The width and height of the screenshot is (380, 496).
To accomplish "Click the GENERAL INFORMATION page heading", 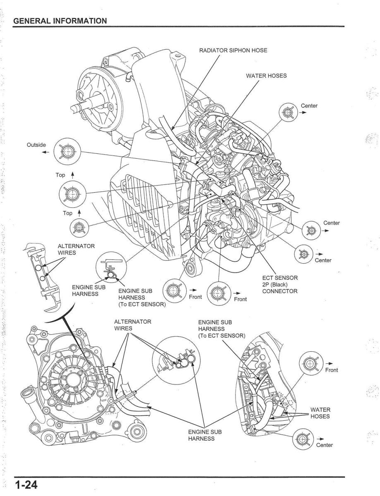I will [60, 21].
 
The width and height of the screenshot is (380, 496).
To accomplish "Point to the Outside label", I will [37, 145].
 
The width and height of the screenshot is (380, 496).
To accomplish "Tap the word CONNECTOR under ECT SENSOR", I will [279, 291].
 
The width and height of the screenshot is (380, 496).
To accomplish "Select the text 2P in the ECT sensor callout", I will [267, 284].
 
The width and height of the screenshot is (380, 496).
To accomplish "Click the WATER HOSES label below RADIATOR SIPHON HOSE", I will [266, 76].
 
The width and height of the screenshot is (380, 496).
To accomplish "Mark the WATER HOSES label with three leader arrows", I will [320, 413].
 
